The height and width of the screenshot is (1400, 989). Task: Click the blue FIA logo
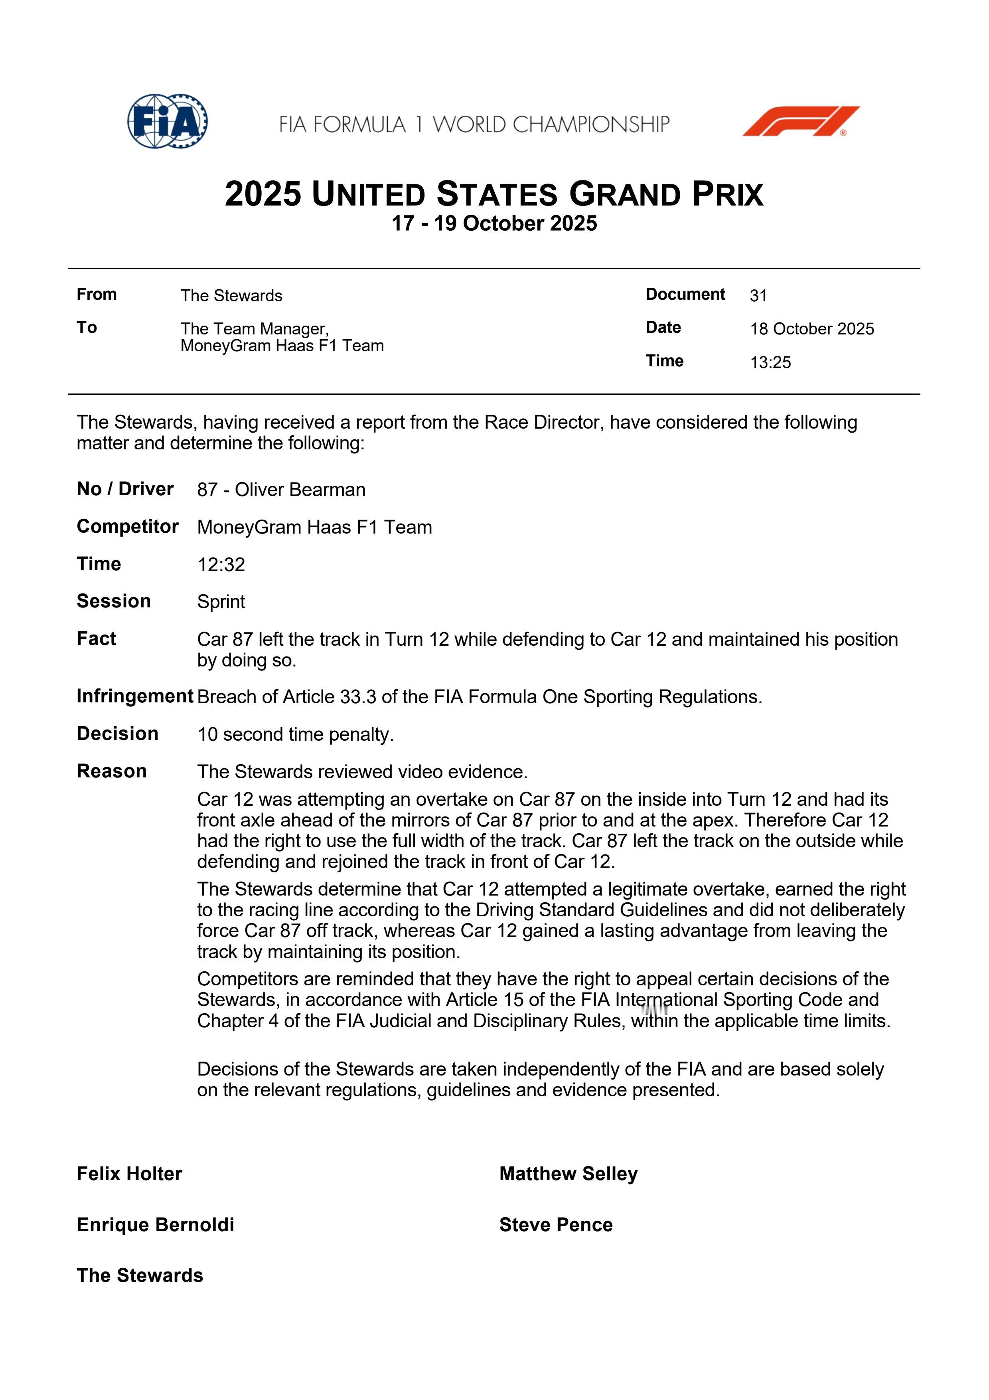[x=167, y=121]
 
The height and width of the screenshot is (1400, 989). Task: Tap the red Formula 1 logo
[x=800, y=121]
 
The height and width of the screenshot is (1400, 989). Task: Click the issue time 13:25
[x=770, y=362]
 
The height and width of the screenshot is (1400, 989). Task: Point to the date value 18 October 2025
[x=812, y=329]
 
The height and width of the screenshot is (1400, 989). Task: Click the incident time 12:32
[x=221, y=565]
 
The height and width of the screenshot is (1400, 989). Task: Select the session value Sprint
[x=221, y=602]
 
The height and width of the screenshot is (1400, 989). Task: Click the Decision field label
[x=118, y=734]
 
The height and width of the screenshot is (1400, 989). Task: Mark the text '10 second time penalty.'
[x=296, y=734]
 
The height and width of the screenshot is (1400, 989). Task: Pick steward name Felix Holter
[x=129, y=1174]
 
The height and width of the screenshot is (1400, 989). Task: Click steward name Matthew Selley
[x=568, y=1174]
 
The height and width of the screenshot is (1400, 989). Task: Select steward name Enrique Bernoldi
[x=155, y=1225]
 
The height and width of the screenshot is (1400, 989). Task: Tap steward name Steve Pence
[x=556, y=1225]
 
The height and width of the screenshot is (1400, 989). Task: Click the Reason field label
[x=112, y=771]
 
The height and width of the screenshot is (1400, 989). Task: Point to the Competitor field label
[x=127, y=527]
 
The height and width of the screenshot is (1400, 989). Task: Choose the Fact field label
[x=96, y=639]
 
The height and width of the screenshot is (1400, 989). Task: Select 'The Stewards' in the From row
[x=231, y=296]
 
